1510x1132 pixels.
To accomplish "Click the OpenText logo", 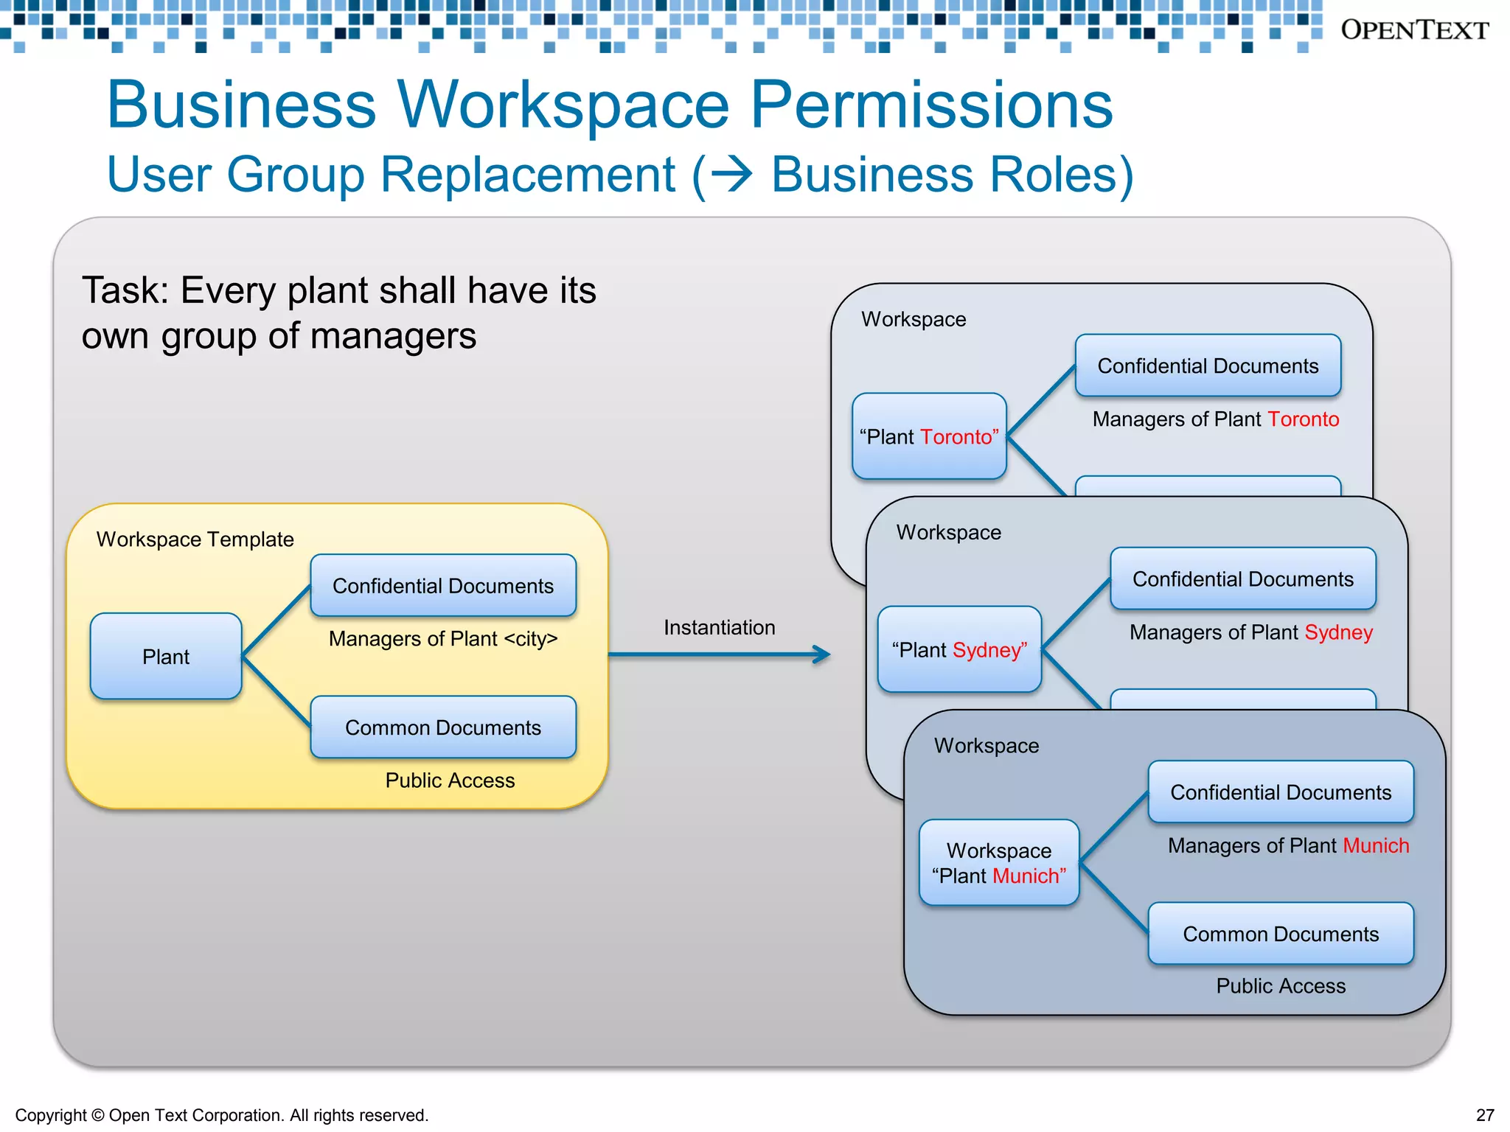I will point(1414,29).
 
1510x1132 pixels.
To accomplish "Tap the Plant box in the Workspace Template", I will point(166,656).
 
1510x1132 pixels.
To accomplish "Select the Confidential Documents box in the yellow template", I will point(443,585).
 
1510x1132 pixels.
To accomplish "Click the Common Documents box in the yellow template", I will point(443,727).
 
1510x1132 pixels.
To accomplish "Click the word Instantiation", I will point(719,627).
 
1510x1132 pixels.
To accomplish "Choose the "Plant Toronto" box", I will point(929,436).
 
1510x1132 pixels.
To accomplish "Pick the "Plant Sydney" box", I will point(959,649).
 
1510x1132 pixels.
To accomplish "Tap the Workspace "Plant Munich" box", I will point(999,862).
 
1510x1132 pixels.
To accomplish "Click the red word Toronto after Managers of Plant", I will point(1303,419).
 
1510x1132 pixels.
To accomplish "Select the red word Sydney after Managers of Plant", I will point(1338,632).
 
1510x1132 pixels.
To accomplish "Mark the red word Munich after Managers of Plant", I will point(1376,845).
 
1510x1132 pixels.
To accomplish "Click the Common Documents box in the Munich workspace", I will point(1281,934).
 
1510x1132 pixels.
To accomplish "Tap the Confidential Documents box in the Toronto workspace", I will point(1208,366).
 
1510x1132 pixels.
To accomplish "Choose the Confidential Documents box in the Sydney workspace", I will point(1243,579).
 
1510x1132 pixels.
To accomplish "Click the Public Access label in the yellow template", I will point(450,780).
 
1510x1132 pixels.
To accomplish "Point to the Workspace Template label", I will point(195,539).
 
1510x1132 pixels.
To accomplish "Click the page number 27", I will point(1485,1115).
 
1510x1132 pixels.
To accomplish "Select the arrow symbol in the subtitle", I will point(733,175).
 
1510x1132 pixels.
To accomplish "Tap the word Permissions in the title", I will point(931,105).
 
